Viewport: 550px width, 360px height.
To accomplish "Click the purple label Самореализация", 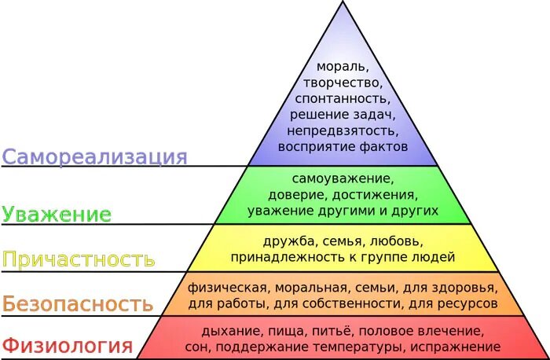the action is pos(94,156).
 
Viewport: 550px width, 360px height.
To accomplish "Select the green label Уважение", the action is pos(57,214).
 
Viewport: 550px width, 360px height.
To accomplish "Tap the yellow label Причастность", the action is pos(78,259).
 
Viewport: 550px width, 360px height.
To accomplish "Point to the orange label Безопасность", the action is pos(77,303).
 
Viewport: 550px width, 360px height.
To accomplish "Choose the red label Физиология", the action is pos(66,345).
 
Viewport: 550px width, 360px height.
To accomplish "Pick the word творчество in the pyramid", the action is pos(342,83).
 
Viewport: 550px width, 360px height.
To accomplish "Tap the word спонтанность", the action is pos(342,98).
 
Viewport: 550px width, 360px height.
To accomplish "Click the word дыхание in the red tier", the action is pos(229,331).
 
